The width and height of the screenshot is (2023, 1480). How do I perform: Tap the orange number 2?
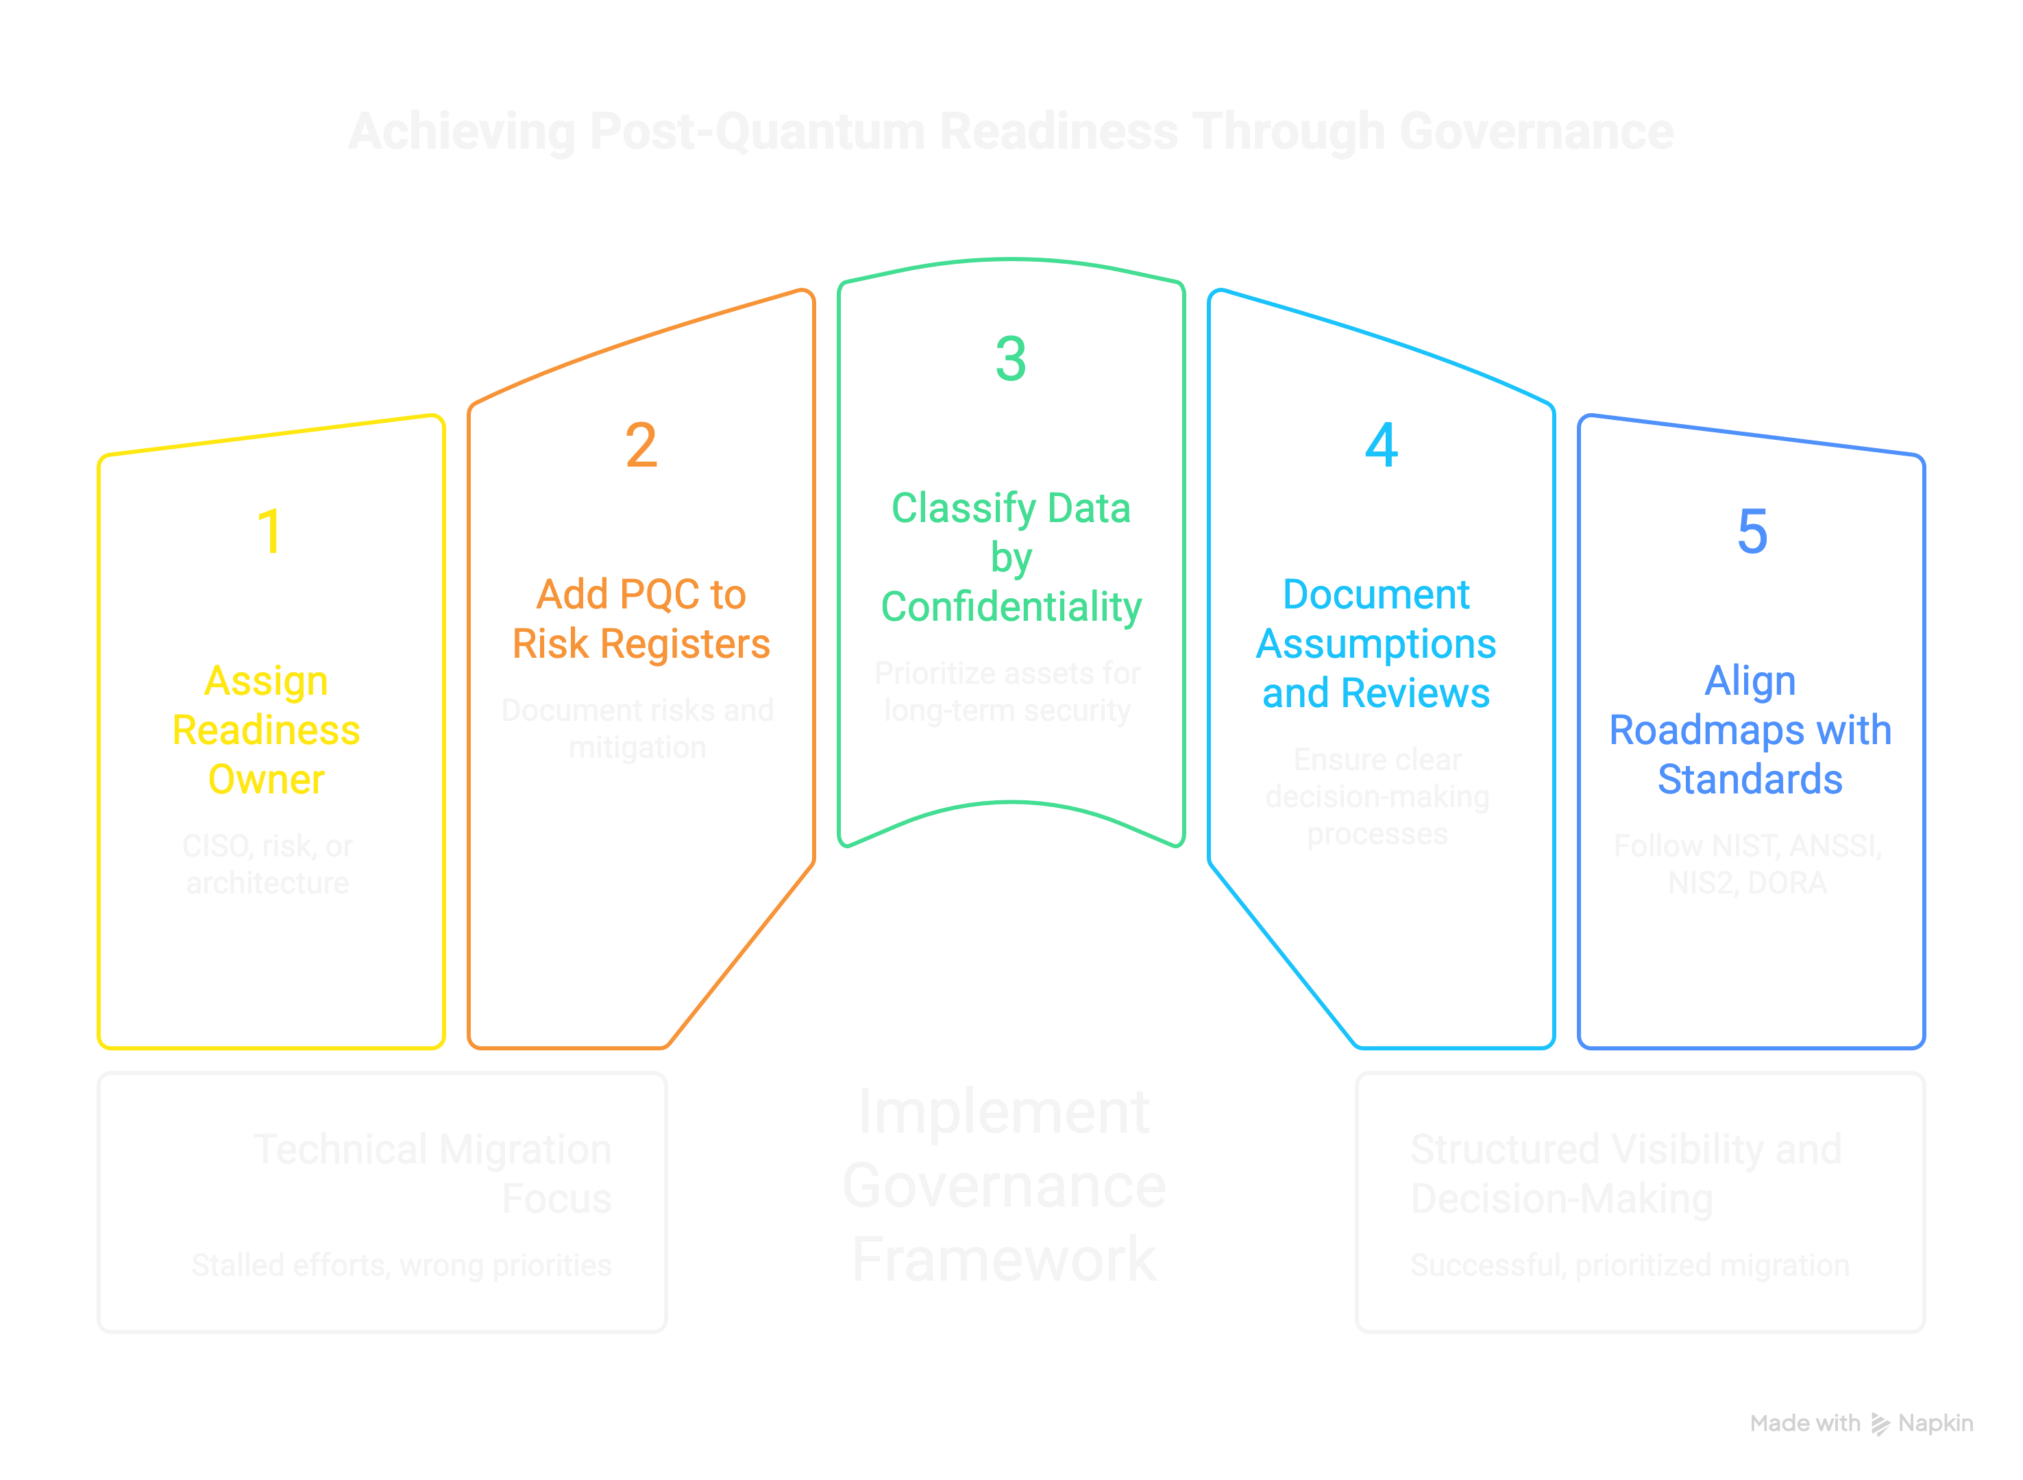coord(641,445)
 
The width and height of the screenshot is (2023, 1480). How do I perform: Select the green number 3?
coord(1011,358)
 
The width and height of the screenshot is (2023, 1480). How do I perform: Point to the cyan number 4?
coord(1381,445)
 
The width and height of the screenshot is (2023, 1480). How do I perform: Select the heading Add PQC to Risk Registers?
coord(641,618)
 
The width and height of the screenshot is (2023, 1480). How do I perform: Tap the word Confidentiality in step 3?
coord(1011,606)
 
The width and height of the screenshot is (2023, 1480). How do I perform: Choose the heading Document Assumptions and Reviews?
coord(1376,643)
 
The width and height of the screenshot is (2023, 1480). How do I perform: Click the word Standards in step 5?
coord(1750,780)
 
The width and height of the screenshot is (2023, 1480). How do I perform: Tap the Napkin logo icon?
coord(1880,1424)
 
